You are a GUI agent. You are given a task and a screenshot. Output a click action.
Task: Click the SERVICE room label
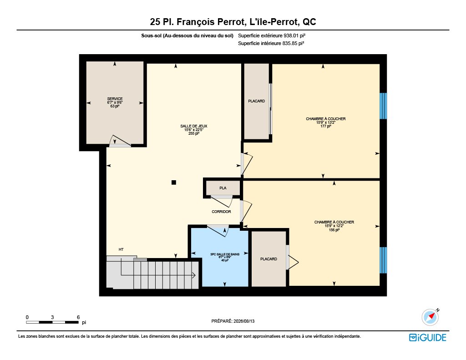click(115, 99)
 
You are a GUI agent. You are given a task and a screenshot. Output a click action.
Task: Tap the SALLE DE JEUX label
click(194, 126)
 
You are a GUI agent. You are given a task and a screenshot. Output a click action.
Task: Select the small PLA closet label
click(223, 188)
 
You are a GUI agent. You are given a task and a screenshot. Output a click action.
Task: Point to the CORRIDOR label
click(222, 212)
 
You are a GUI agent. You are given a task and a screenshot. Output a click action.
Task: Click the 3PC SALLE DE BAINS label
click(225, 254)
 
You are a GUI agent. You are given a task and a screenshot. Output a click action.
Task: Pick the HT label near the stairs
click(121, 249)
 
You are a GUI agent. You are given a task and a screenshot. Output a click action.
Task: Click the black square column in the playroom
click(174, 183)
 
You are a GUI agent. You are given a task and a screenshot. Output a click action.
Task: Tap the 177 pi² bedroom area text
click(326, 126)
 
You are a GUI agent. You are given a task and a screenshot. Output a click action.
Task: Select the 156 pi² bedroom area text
click(334, 230)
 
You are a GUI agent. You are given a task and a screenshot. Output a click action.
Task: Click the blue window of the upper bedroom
click(383, 106)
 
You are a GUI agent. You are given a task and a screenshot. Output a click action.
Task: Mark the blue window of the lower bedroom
click(383, 260)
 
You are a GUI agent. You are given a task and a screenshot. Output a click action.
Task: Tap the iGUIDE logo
click(428, 337)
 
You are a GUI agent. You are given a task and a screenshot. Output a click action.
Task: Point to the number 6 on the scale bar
click(78, 317)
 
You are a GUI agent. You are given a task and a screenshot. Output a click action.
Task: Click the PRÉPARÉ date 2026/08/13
click(244, 321)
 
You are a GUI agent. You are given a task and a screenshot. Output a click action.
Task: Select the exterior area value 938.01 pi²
click(294, 35)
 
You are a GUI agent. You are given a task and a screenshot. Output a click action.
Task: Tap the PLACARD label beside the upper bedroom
click(257, 101)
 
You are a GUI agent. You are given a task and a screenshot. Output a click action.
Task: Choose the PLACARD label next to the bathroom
click(268, 259)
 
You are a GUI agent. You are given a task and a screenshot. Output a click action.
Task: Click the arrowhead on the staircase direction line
click(194, 275)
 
